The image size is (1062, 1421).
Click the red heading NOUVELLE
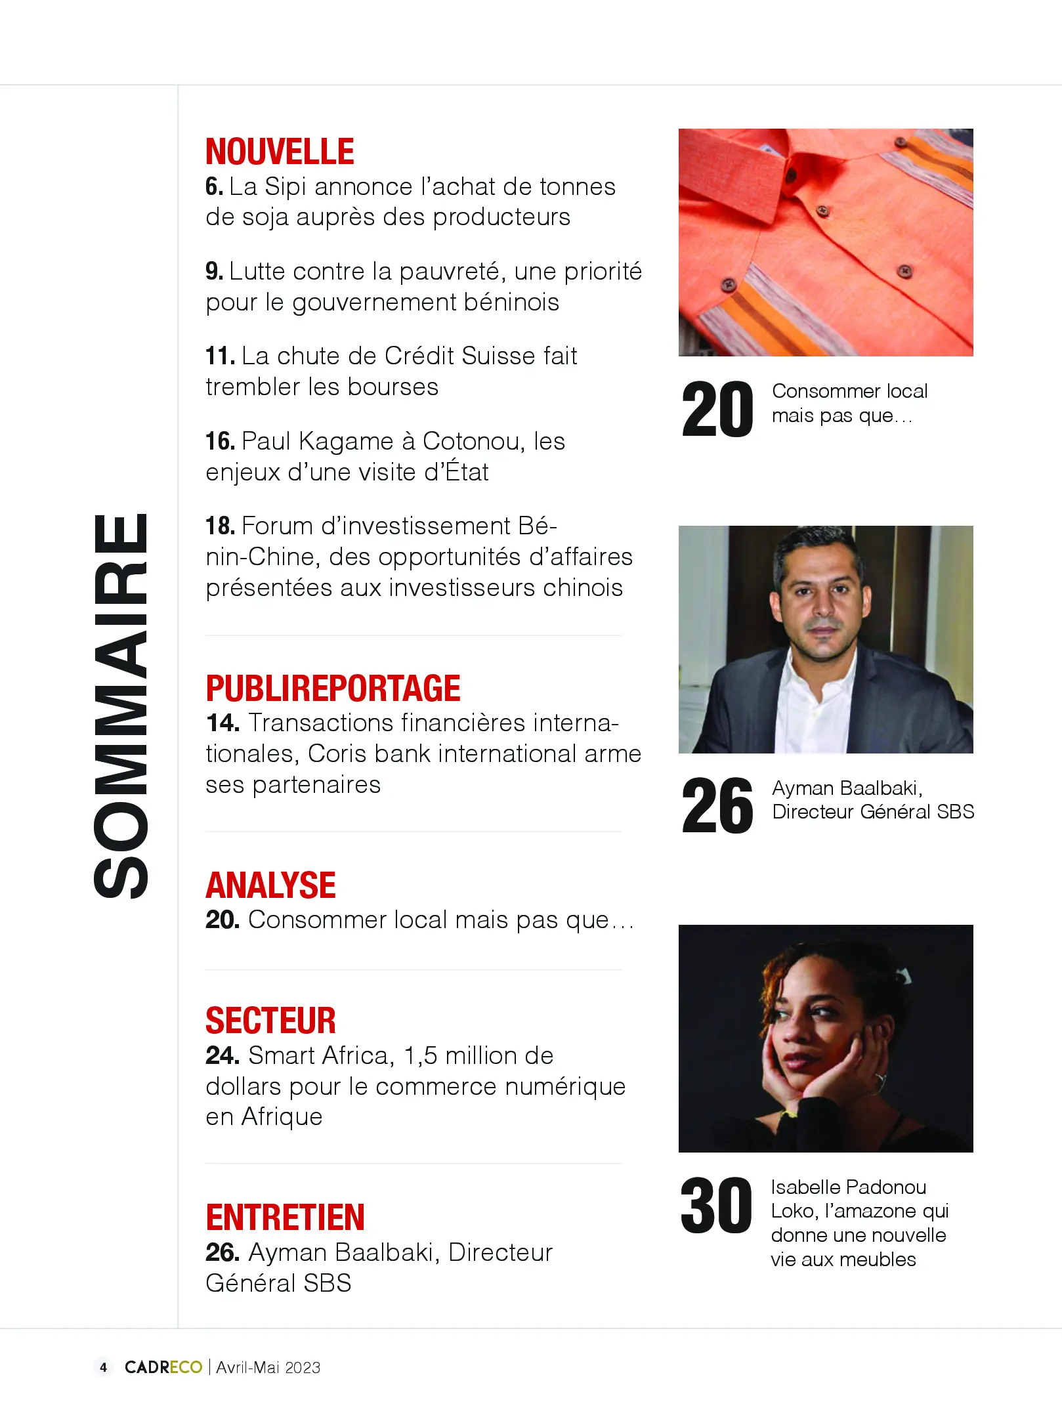280,152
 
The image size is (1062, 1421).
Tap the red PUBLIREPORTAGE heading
333,689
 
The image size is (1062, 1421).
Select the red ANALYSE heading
270,885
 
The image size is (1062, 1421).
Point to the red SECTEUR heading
270,1021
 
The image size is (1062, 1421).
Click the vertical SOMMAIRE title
121,706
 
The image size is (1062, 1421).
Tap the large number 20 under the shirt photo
717,410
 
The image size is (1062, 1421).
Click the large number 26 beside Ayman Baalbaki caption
717,806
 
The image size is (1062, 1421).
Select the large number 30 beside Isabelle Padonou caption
716,1206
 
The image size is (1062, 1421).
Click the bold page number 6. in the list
214,187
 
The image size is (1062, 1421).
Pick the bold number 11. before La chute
220,356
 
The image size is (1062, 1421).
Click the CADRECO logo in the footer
163,1367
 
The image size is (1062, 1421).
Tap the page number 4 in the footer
103,1367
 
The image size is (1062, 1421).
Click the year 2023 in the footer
303,1368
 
